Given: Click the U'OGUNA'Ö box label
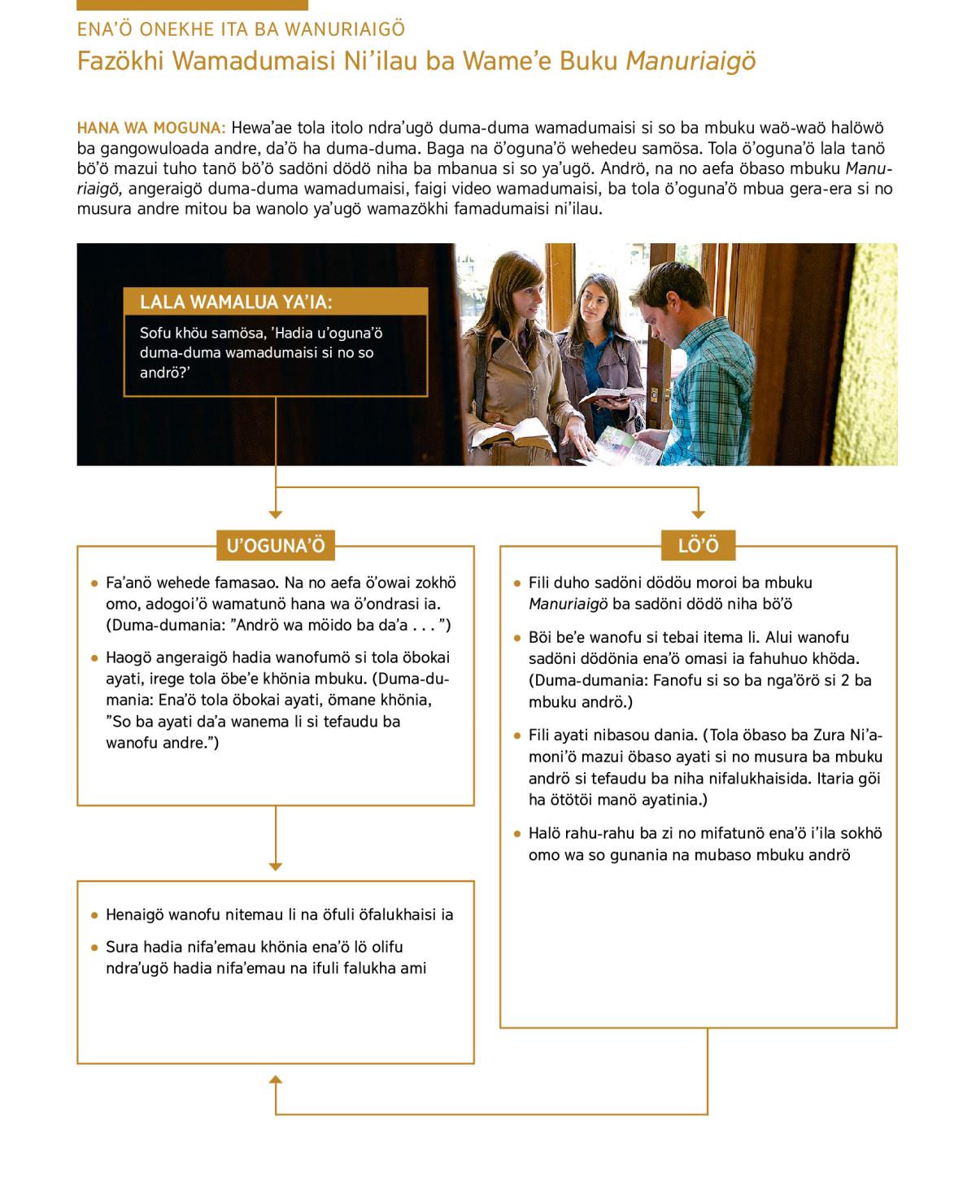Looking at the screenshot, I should (x=275, y=546).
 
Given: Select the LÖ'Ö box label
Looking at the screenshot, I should (x=698, y=546).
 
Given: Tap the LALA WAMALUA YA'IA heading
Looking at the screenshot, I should (x=237, y=303).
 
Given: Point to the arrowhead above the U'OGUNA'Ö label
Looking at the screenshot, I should (x=276, y=513).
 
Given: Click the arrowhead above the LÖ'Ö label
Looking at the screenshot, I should (x=698, y=513).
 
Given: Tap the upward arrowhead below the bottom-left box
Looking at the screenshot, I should (x=276, y=1080).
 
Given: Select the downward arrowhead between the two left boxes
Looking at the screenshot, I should (x=276, y=866).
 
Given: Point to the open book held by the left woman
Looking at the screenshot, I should (x=498, y=436).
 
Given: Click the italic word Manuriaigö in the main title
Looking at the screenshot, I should (x=691, y=62).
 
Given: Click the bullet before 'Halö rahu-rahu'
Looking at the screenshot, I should (x=517, y=834).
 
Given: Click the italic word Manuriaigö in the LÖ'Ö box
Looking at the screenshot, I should (x=565, y=604).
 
